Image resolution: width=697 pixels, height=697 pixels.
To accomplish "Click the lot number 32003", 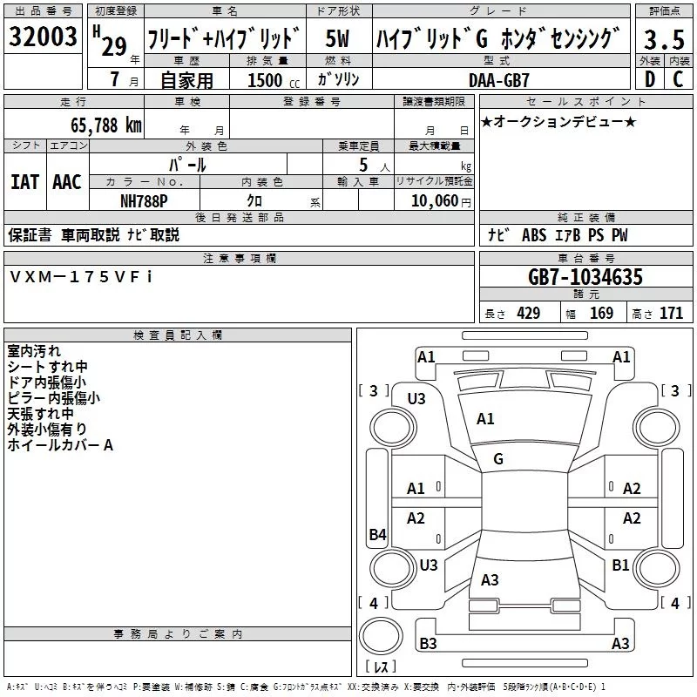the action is [43, 37].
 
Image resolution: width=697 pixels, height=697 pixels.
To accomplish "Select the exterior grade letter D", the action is [649, 79].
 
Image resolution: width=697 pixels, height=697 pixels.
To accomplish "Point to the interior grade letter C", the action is [678, 79].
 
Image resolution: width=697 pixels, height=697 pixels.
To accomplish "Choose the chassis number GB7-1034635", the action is [585, 278].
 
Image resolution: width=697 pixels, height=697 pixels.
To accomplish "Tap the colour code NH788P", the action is [144, 200].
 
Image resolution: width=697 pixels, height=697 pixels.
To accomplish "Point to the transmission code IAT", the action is [24, 182].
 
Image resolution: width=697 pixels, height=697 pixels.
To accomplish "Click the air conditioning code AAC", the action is [66, 182].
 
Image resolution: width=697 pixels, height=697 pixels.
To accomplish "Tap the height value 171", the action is [671, 314].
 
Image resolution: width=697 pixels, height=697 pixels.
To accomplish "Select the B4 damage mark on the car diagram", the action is [376, 535].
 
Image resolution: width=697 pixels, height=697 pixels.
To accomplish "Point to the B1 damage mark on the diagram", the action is [620, 565].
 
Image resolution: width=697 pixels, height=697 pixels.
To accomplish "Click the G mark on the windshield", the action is [498, 458].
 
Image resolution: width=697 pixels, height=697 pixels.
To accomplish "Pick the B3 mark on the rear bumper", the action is [429, 644].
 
